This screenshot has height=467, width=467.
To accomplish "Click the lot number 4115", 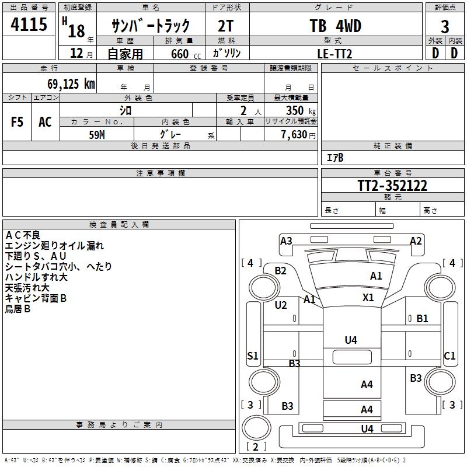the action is [x=29, y=25].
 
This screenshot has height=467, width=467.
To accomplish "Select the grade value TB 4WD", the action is [x=335, y=26].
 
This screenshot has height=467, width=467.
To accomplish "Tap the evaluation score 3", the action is [x=445, y=27].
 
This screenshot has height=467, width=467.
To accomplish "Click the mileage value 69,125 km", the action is [x=71, y=83].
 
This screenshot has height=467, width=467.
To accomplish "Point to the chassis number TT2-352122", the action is [x=392, y=186].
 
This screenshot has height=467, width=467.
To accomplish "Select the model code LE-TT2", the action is [x=335, y=53].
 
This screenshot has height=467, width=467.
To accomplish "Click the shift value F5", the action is [x=18, y=121].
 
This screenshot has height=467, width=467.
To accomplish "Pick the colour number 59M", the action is [x=97, y=134].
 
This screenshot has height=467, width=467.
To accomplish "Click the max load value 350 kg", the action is [x=301, y=110].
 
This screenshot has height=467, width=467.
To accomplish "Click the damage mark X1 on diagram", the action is [x=368, y=297].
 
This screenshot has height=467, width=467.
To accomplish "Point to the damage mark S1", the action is [x=253, y=356].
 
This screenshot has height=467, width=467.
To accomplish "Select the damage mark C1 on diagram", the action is [x=449, y=356].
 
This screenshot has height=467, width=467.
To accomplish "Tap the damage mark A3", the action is [x=286, y=241].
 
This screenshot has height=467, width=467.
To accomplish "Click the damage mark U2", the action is [x=281, y=305].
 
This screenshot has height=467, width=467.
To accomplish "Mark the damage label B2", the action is [x=281, y=270].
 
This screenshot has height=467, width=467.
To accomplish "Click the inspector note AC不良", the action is [x=23, y=235].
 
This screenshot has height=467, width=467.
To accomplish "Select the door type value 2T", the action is [x=226, y=26].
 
